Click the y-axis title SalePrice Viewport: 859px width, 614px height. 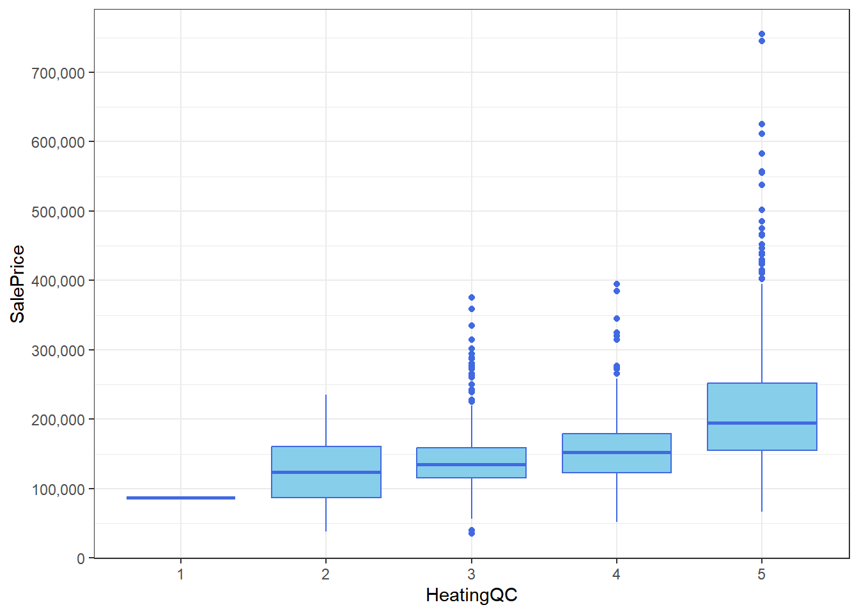click(x=17, y=283)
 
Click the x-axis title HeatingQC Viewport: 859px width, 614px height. click(x=471, y=595)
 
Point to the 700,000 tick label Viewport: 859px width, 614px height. click(x=58, y=73)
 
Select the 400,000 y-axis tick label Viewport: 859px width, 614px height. click(x=58, y=281)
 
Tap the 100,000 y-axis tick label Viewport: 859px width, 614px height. click(x=58, y=489)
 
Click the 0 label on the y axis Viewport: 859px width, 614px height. click(x=81, y=558)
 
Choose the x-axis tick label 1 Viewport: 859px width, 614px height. click(x=181, y=574)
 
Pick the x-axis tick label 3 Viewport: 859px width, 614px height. click(x=471, y=574)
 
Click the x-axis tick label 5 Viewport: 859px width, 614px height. click(x=761, y=574)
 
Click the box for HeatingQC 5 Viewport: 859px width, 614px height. click(x=761, y=403)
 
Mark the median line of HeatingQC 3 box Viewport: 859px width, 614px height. click(x=471, y=465)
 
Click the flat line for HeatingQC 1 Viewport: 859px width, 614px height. click(x=181, y=498)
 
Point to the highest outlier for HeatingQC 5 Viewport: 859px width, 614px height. click(x=761, y=35)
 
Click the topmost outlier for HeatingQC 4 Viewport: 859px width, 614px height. click(x=616, y=284)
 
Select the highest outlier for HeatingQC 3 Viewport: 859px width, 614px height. click(x=471, y=297)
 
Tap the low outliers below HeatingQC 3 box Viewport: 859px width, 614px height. click(x=471, y=531)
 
